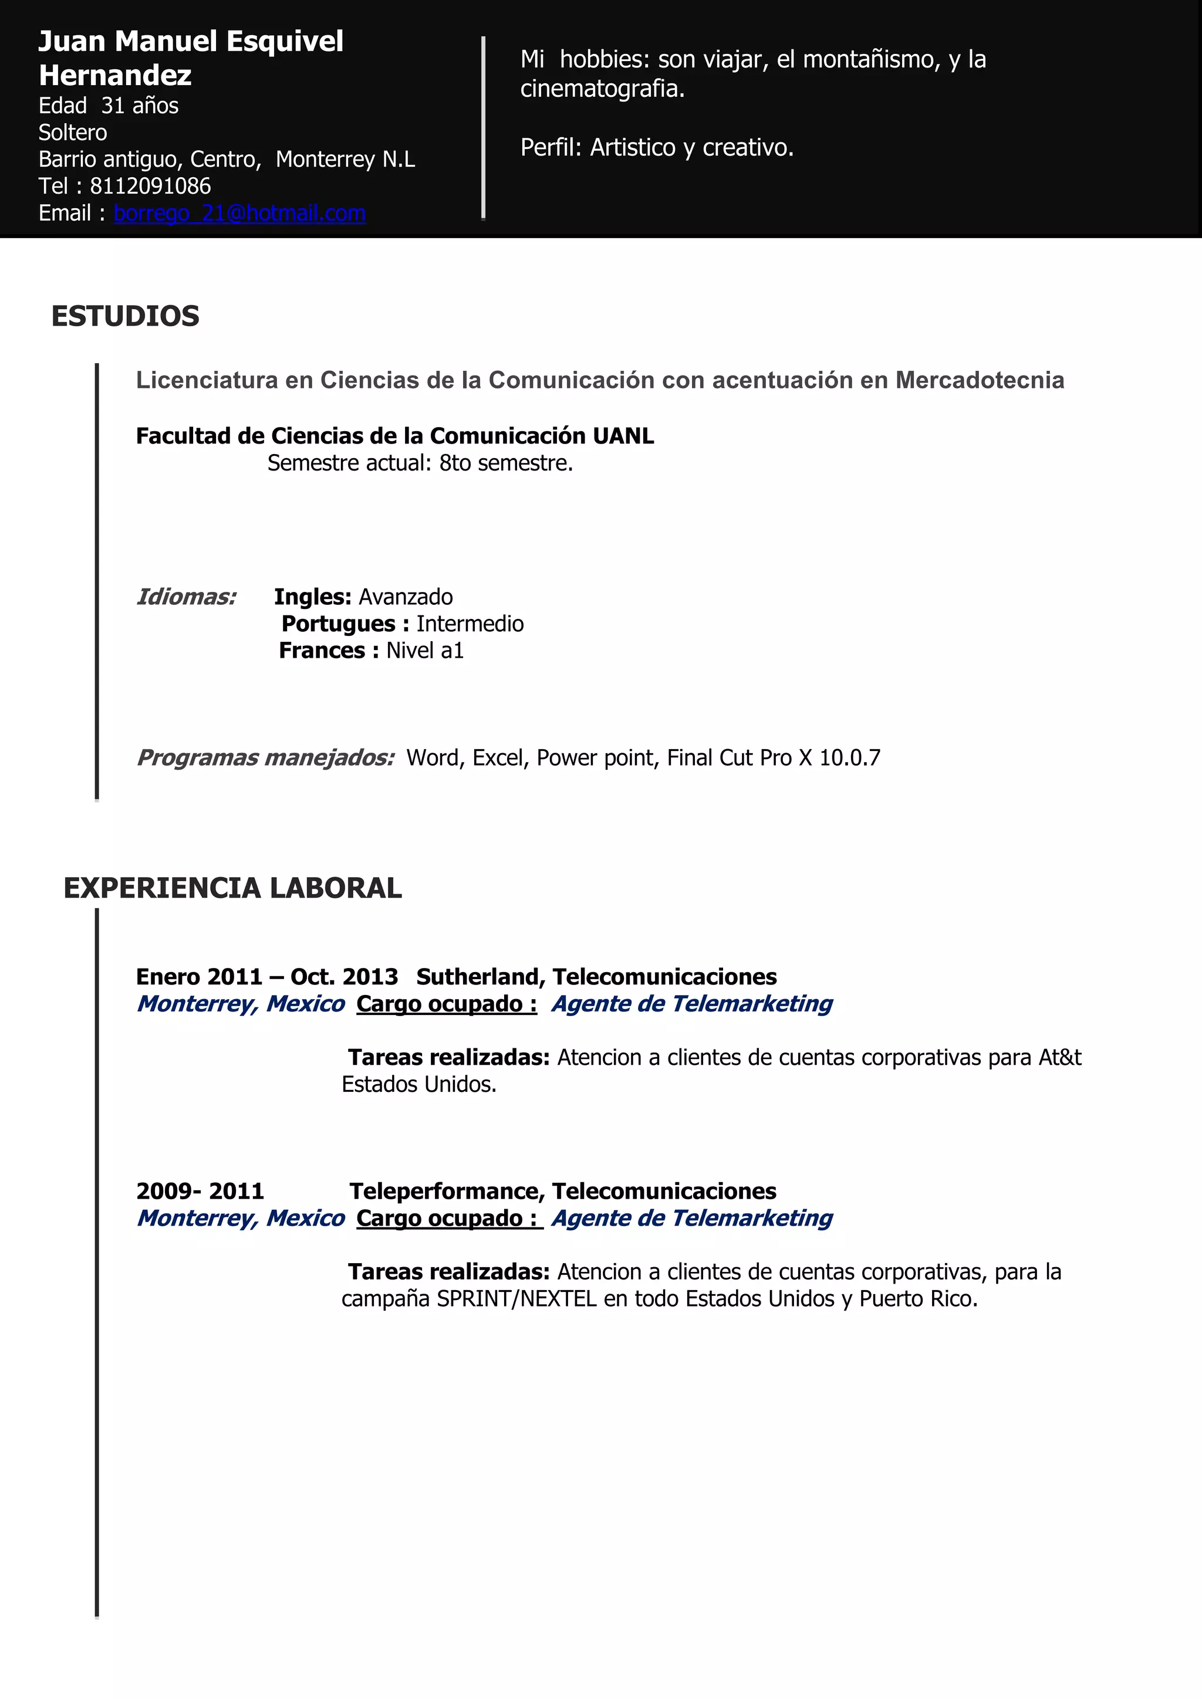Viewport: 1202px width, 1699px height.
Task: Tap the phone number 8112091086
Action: tap(150, 186)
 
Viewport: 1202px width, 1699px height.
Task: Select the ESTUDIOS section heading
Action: tap(125, 316)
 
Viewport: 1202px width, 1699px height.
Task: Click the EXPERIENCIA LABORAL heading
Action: tap(232, 888)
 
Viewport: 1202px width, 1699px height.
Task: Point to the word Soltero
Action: tap(73, 133)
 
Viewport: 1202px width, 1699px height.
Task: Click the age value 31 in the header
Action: tap(113, 106)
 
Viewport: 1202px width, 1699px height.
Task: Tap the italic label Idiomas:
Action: tap(187, 597)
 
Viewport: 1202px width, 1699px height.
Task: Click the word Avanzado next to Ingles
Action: tap(406, 597)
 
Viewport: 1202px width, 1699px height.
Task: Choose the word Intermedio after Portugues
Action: tap(470, 624)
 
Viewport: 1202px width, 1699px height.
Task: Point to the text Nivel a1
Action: tap(425, 651)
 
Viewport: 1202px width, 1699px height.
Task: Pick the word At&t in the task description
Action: tap(1060, 1057)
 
